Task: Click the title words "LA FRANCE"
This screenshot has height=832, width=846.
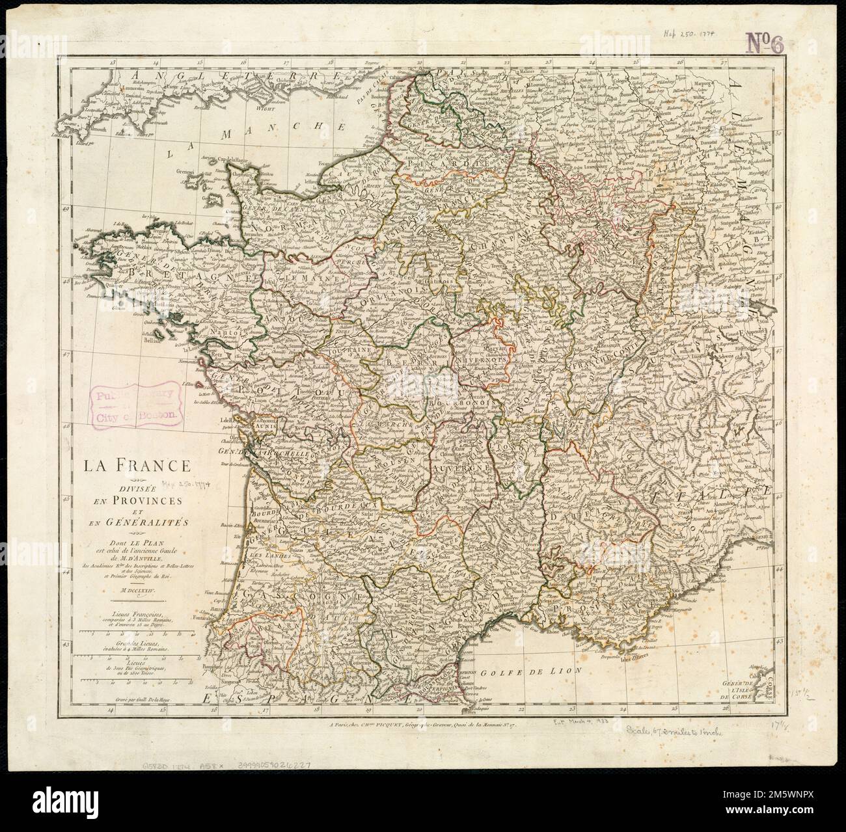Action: (135, 466)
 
